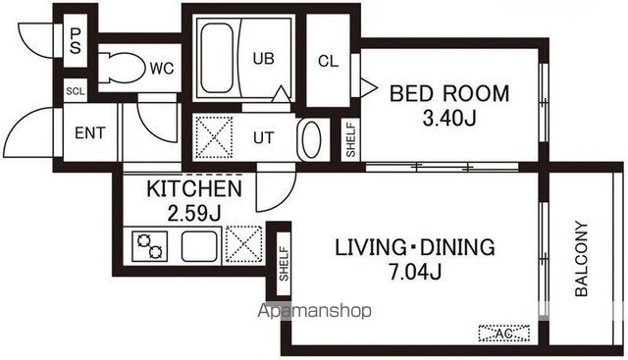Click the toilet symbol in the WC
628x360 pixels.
coord(122,68)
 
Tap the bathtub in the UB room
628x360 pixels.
coord(216,58)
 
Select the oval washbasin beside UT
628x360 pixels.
coord(311,139)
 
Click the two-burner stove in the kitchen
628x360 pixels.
coord(150,246)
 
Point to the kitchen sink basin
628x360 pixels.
coord(199,246)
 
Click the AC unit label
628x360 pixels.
coord(504,334)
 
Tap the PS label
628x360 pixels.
coord(76,40)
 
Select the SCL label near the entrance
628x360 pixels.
coord(76,91)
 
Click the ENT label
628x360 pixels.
coord(90,133)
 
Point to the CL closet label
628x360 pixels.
coord(328,61)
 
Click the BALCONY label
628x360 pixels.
coord(581,259)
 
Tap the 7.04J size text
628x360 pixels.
coord(415,273)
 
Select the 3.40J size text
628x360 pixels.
coord(449,118)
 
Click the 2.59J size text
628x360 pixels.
coord(194,214)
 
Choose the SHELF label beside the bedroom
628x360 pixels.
coord(351,139)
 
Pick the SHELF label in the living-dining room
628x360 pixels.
coord(284,264)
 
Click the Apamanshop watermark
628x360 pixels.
coord(314,310)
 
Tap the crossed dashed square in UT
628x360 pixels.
coord(214,137)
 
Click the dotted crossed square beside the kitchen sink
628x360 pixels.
coord(243,244)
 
